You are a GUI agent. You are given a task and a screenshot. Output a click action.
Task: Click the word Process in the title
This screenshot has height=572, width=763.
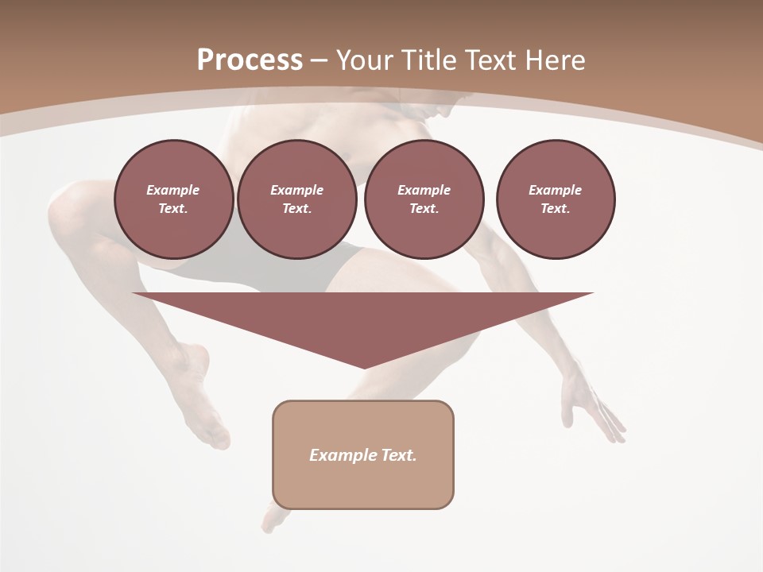(250, 60)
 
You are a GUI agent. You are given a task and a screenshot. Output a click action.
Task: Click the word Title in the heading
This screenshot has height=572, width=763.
(426, 60)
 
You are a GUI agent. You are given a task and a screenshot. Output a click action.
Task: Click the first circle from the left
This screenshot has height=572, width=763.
(173, 199)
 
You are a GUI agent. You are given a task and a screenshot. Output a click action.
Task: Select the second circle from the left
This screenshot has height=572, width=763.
(296, 199)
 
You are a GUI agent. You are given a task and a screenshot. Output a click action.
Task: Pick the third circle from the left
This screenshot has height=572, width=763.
(424, 199)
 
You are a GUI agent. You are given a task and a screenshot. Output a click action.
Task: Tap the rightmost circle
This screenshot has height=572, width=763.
(555, 199)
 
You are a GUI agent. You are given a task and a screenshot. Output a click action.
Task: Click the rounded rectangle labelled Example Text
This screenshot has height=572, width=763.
(362, 454)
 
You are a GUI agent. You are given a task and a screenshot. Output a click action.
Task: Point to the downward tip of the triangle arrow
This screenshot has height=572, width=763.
(364, 366)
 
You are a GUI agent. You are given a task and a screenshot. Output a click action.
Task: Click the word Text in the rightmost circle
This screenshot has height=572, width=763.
(555, 208)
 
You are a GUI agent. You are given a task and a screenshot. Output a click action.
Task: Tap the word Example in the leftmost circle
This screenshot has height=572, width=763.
(173, 190)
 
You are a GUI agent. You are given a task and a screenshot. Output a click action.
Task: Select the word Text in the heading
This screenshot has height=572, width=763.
(488, 60)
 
